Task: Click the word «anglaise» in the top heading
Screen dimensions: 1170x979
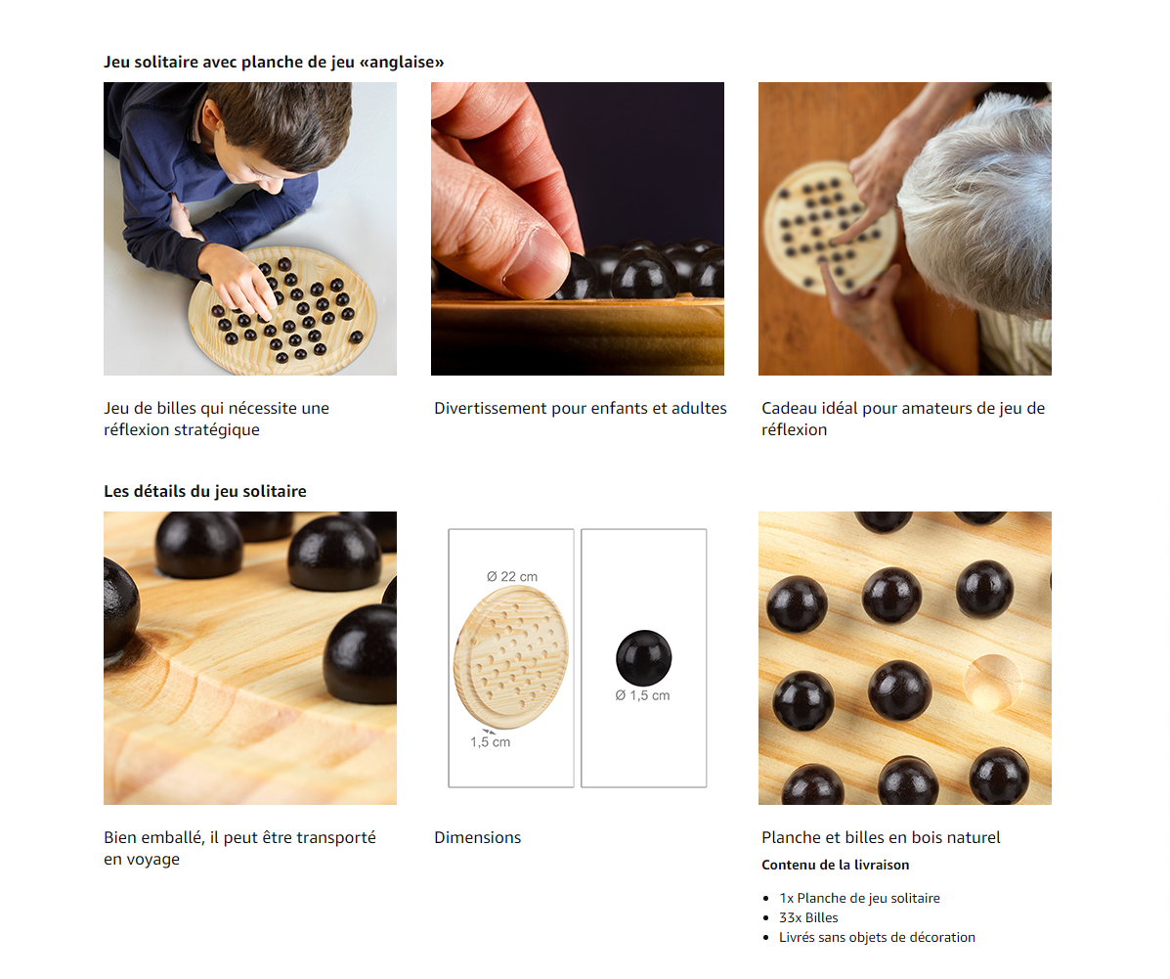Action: coord(402,62)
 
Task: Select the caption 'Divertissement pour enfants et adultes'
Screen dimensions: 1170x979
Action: coord(581,409)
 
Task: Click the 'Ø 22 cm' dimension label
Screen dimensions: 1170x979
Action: coord(512,576)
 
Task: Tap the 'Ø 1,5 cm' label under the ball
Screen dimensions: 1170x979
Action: coord(642,695)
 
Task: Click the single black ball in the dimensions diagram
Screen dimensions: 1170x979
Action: coord(644,658)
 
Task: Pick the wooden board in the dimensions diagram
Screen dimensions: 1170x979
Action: coord(511,657)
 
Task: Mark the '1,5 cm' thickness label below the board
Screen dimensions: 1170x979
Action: coord(491,742)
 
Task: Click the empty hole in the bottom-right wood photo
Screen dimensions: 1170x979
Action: coord(992,681)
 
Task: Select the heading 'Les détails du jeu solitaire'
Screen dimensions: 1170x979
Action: coord(205,491)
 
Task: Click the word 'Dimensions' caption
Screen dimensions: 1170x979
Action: coord(478,838)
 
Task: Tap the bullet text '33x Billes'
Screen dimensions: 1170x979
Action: coord(809,917)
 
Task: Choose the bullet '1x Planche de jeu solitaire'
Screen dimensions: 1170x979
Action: coord(859,899)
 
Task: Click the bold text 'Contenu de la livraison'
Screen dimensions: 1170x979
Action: coord(836,865)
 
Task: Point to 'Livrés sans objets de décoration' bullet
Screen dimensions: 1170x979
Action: coord(878,937)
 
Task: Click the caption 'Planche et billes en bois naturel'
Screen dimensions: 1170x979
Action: coord(882,838)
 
